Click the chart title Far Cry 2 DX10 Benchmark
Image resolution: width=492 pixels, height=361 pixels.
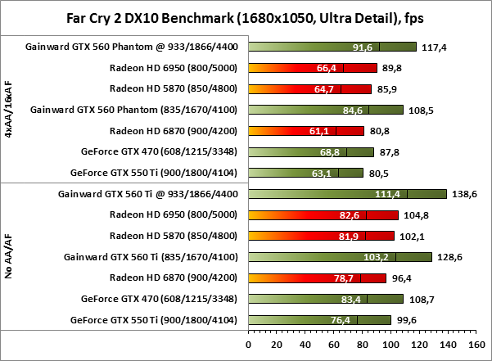pyautogui.click(x=245, y=16)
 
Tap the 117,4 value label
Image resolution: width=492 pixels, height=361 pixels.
pyautogui.click(x=434, y=47)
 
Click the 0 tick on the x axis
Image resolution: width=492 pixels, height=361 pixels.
pyautogui.click(x=249, y=345)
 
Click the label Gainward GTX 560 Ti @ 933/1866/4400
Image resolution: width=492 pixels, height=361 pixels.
pyautogui.click(x=150, y=194)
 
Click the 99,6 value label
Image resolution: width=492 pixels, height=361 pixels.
pyautogui.click(x=408, y=320)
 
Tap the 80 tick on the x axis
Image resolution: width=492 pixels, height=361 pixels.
pyautogui.click(x=362, y=345)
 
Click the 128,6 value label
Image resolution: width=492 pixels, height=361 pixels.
pyautogui.click(x=449, y=257)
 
